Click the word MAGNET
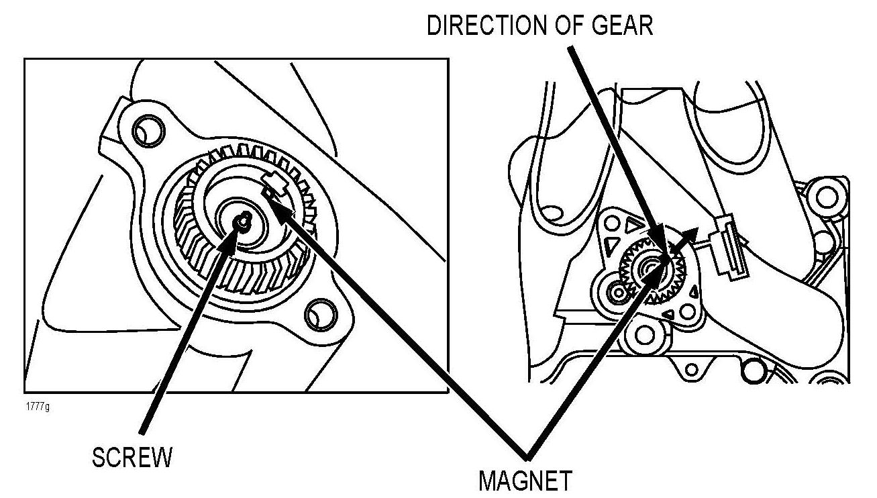pos(525,481)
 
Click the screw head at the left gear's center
pos(244,219)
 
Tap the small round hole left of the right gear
pos(615,293)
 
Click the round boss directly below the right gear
pos(646,334)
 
